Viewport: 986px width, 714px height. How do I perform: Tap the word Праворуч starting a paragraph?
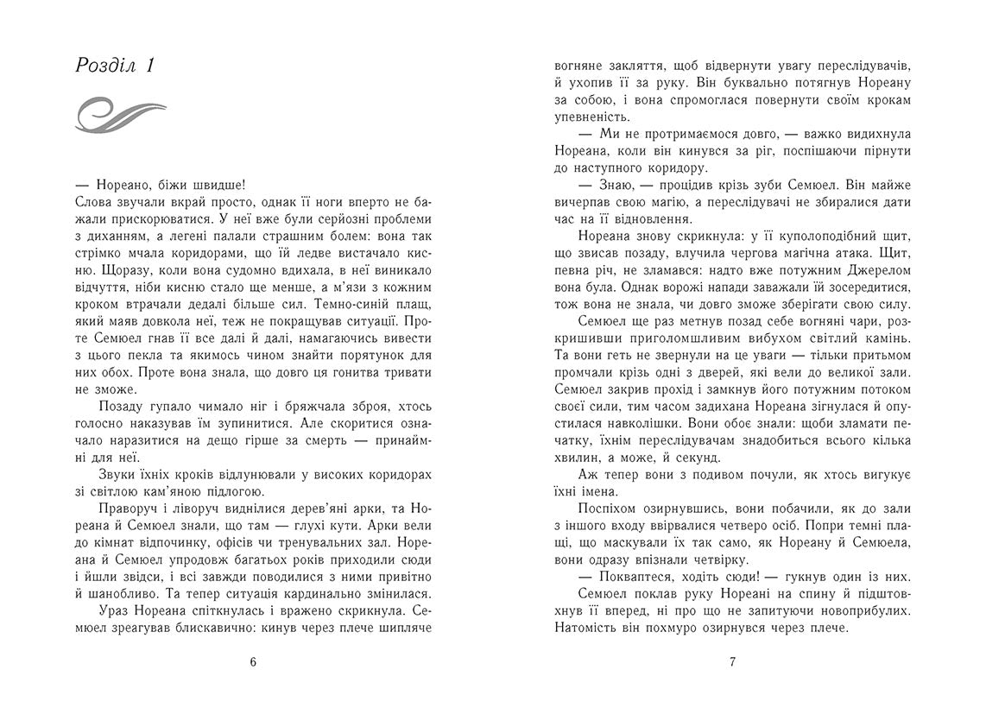pyautogui.click(x=125, y=508)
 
